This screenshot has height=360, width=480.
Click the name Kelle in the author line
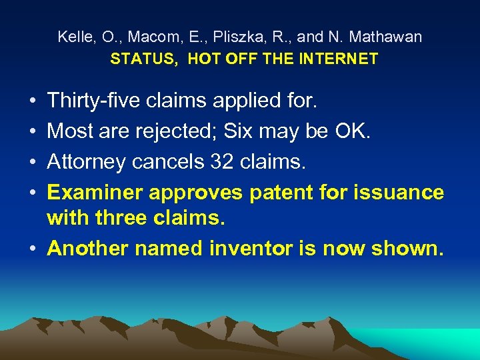pos(73,37)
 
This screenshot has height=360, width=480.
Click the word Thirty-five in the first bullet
pos(92,101)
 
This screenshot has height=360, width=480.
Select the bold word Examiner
pos(95,193)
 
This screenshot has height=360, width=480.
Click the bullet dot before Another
pos(33,249)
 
